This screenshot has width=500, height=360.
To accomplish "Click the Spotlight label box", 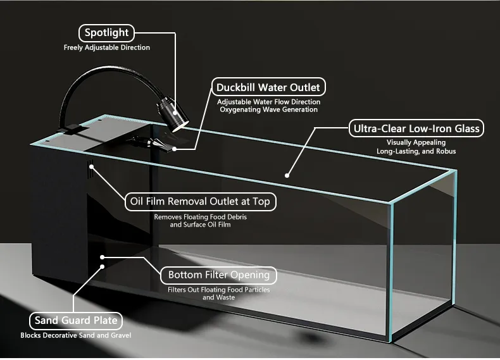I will [x=106, y=33].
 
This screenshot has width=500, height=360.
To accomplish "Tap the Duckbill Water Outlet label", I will [x=268, y=87].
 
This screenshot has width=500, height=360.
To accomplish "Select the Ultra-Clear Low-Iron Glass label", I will [x=416, y=129].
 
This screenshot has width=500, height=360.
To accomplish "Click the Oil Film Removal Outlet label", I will [x=200, y=202].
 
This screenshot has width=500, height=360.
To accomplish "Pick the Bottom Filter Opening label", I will [x=218, y=275].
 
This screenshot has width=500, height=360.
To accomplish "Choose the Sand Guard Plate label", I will [x=75, y=320].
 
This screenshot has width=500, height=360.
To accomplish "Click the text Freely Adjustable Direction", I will [x=107, y=47].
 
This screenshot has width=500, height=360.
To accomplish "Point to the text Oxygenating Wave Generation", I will [x=268, y=110].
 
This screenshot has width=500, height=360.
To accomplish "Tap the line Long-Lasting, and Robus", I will [x=416, y=151].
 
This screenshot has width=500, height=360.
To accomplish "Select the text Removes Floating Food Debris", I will [x=200, y=216].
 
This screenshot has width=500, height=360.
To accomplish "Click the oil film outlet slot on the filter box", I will [x=91, y=170].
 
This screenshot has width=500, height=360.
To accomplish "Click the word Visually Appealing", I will [x=416, y=143].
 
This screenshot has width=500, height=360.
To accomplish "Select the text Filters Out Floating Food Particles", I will [x=218, y=290].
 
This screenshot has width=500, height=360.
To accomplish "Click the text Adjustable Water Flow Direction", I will [x=268, y=102].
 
